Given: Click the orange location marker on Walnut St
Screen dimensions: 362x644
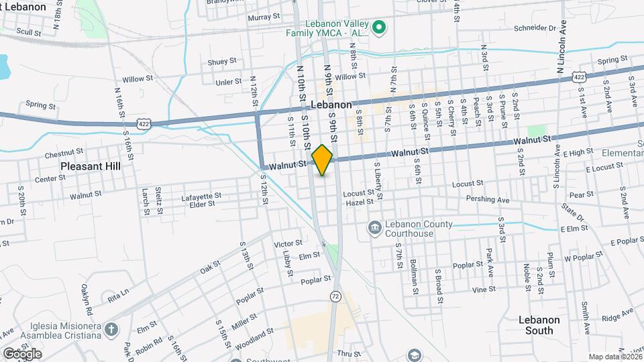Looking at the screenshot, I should point(323,160).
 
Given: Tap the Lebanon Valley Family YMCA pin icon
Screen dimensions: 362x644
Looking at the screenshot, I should point(378,27).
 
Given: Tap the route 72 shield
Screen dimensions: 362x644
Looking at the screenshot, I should point(335,295).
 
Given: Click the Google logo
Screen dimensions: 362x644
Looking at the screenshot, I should point(21,353).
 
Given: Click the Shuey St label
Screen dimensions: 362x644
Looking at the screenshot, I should point(222,61).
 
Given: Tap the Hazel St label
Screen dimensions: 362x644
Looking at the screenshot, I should point(360,202).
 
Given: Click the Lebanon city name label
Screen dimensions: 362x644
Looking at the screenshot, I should point(331,105).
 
